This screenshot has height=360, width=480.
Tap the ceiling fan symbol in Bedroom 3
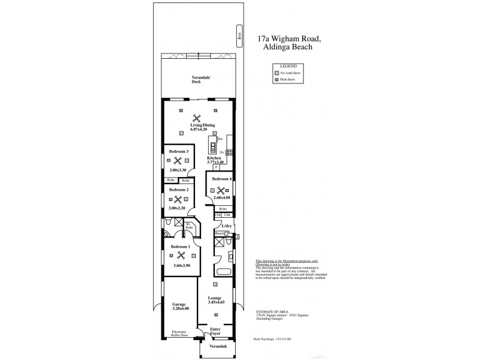click(178, 160)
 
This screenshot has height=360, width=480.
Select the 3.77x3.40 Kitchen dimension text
click(215, 162)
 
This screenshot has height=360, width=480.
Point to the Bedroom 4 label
click(221, 179)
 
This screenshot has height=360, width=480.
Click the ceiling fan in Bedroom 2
click(178, 199)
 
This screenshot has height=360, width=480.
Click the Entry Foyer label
click(215, 331)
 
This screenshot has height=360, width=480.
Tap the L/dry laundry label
click(226, 226)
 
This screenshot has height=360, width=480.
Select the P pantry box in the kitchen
click(216, 167)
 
